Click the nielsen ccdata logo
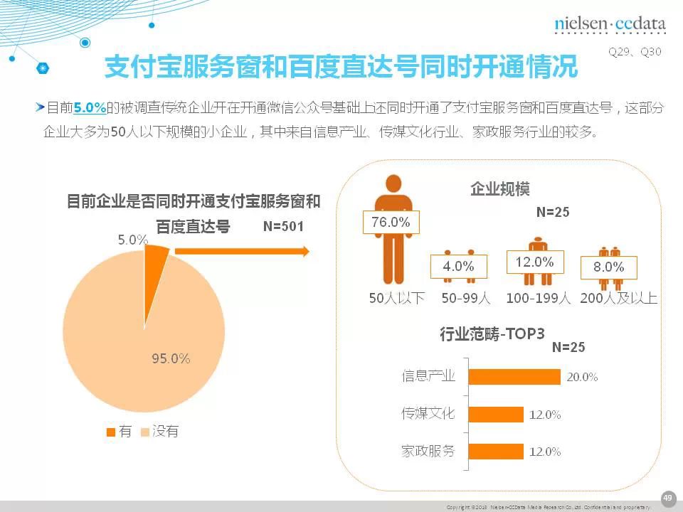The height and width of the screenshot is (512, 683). click(610, 24)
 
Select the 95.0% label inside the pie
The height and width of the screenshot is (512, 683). click(171, 358)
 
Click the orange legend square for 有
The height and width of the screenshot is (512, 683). click(110, 432)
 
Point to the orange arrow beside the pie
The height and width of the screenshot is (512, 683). click(242, 251)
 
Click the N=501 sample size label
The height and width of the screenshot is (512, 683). click(283, 227)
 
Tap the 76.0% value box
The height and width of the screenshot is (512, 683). click(391, 222)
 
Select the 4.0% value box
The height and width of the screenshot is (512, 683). click(458, 267)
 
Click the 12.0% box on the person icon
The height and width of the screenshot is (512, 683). click(534, 262)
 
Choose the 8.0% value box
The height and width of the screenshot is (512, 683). click(608, 267)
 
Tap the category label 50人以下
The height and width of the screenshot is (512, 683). click(396, 298)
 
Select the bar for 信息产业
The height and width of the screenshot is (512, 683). click(514, 377)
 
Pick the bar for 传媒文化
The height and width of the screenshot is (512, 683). click(496, 414)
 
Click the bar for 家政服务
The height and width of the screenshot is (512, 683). click(496, 451)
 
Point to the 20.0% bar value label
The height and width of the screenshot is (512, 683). click(582, 377)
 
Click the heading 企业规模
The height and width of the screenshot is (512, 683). click(500, 188)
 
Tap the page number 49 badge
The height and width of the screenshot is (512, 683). click(667, 498)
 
